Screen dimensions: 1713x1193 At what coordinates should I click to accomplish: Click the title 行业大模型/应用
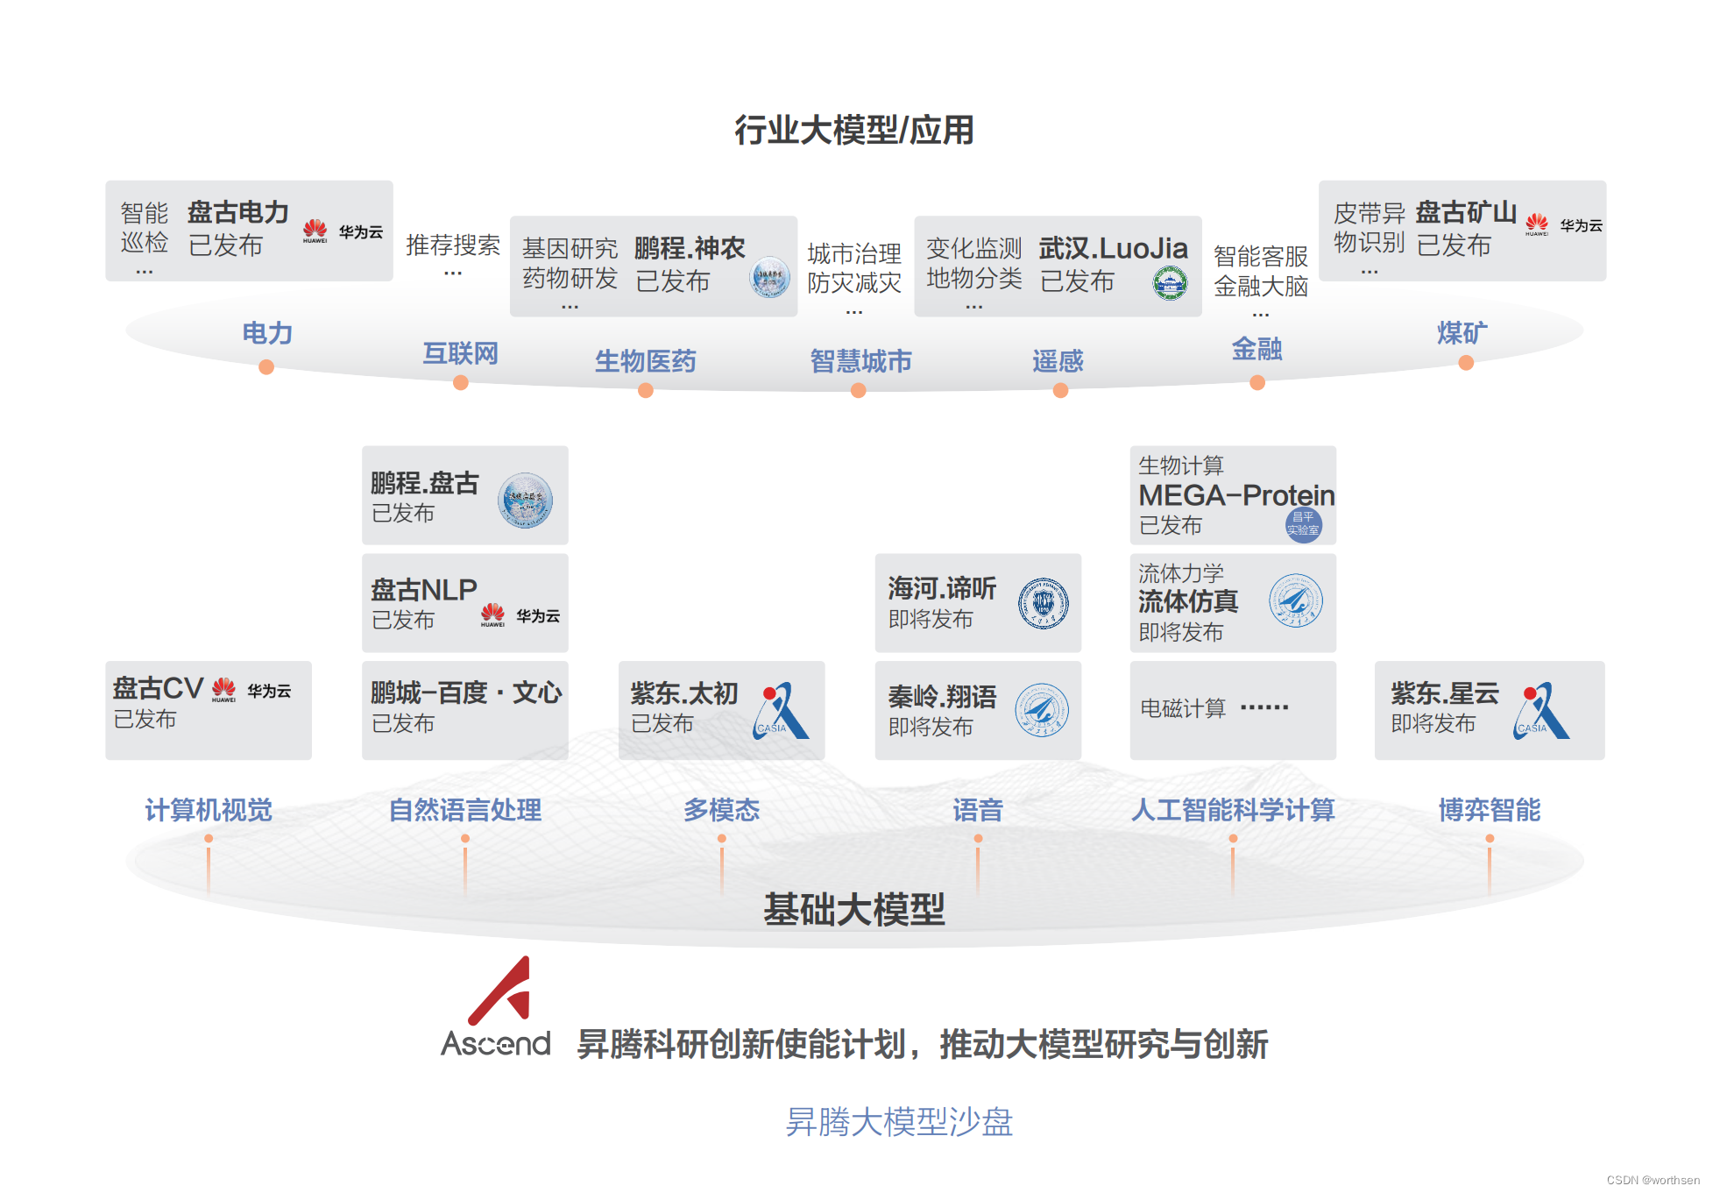[854, 130]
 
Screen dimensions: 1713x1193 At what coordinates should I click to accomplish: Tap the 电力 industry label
[267, 333]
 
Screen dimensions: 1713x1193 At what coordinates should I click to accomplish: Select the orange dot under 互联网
[461, 383]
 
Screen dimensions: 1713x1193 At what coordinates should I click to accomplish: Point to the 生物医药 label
[645, 360]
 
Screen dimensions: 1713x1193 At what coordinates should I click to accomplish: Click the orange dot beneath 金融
[1257, 383]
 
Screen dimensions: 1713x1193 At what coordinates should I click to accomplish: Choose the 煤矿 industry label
[1462, 333]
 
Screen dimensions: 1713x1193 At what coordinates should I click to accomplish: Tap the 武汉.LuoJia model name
[1113, 249]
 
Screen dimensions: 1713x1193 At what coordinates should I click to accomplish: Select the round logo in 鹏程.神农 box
[770, 277]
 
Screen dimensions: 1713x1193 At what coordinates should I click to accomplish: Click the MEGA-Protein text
[1235, 496]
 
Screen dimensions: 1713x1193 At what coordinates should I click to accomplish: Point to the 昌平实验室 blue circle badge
[1303, 525]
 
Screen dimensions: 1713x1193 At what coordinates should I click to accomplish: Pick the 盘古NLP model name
[424, 590]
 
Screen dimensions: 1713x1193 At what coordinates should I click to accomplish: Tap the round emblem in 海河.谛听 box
[1043, 603]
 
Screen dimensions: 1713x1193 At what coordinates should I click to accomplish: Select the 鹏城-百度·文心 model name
[465, 692]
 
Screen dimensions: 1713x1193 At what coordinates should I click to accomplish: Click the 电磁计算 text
[1183, 708]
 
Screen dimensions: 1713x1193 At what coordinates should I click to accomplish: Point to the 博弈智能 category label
[1489, 810]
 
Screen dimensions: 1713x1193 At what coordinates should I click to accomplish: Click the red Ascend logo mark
[502, 991]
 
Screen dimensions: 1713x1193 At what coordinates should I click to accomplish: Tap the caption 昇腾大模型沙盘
[899, 1122]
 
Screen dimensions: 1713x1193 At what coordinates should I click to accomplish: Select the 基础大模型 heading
[854, 909]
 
